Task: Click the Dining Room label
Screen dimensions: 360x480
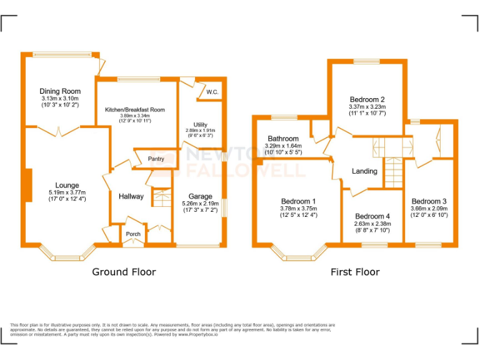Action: (x=61, y=91)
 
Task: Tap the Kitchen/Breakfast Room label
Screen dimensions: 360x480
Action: (x=135, y=109)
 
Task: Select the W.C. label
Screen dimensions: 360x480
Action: (x=211, y=92)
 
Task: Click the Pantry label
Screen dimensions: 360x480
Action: (x=156, y=159)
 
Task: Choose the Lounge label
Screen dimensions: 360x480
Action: (x=67, y=185)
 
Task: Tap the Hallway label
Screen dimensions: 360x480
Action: (x=131, y=196)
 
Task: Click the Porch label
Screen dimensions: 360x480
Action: (x=133, y=234)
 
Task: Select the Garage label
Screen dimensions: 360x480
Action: (x=201, y=196)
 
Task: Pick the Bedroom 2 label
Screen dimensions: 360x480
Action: (x=367, y=99)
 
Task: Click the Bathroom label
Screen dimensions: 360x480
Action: (x=283, y=138)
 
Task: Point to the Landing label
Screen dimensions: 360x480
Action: (x=364, y=171)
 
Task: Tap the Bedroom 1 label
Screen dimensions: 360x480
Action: (x=298, y=201)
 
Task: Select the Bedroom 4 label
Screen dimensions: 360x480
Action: (x=372, y=216)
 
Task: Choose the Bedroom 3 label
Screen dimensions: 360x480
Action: (x=429, y=201)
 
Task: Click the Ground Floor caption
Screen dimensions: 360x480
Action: (x=124, y=272)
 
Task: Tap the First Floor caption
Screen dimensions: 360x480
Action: (x=355, y=272)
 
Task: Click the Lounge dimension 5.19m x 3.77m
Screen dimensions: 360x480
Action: (x=67, y=192)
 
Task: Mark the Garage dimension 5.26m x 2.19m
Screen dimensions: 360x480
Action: (x=201, y=204)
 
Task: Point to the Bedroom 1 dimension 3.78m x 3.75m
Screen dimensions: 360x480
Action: (x=298, y=208)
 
